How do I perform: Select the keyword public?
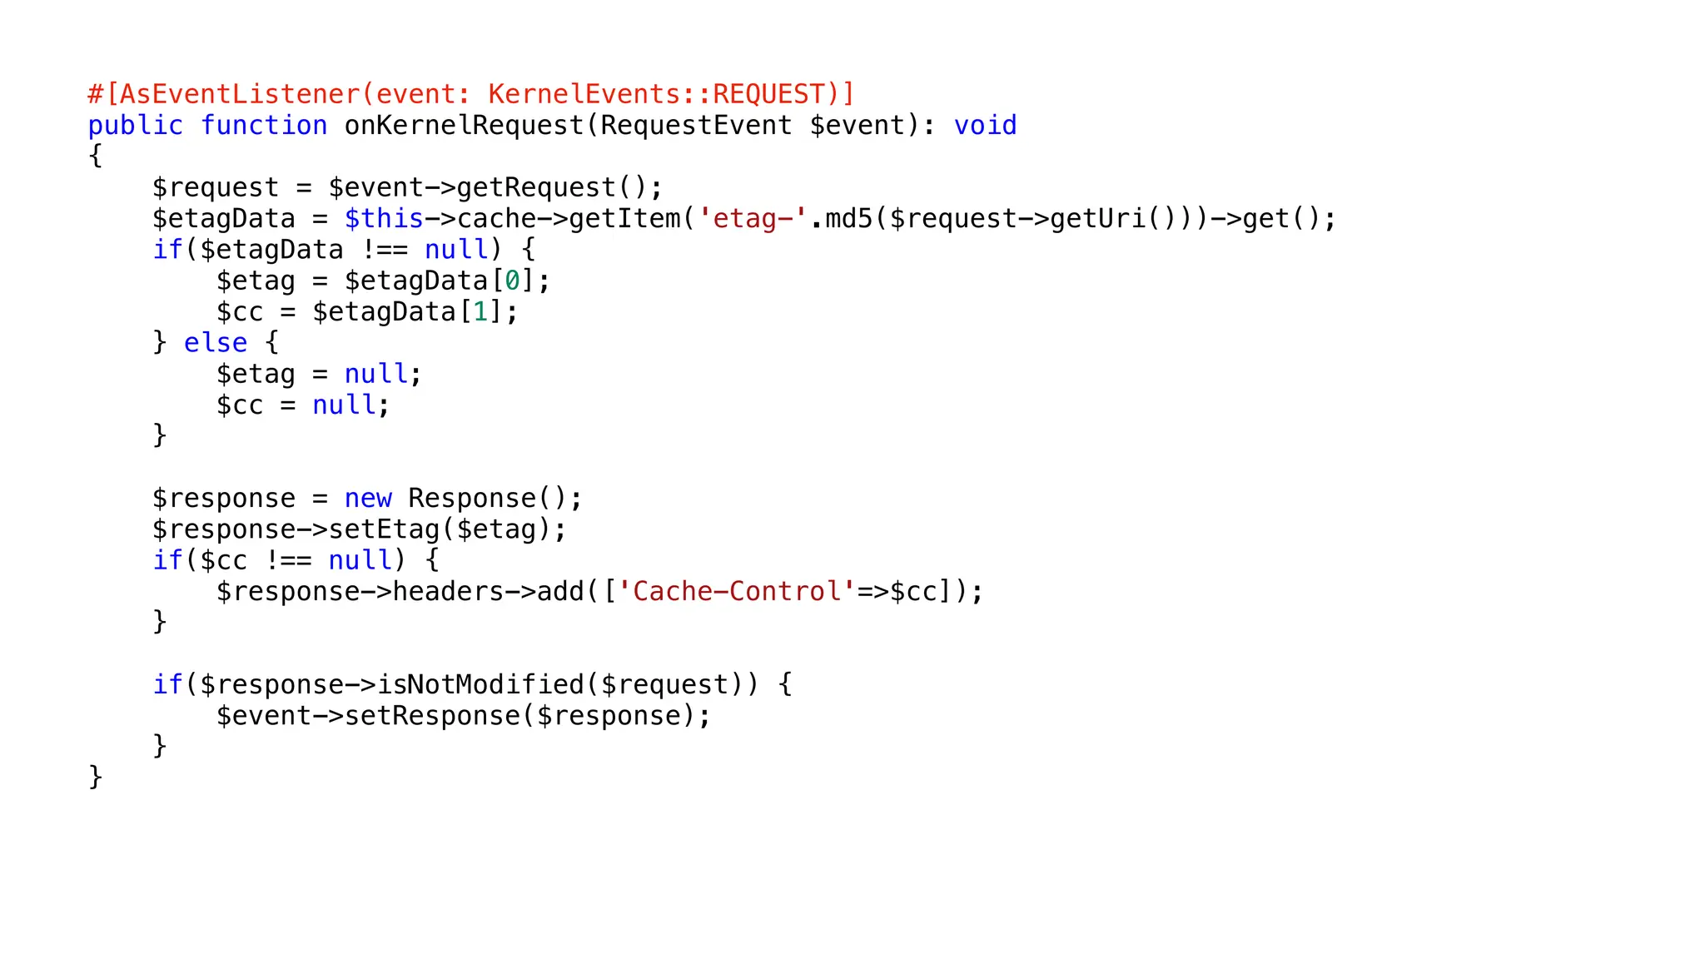(x=135, y=126)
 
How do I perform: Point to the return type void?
(x=985, y=126)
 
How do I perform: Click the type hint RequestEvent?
(x=696, y=126)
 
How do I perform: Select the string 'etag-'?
(x=753, y=219)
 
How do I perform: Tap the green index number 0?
(x=512, y=281)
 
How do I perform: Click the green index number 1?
(x=480, y=312)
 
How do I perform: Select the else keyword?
(x=216, y=343)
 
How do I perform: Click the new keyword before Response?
(x=368, y=499)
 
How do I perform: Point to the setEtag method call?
(x=384, y=529)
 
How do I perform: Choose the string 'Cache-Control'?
(x=737, y=592)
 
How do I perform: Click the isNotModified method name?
(x=480, y=685)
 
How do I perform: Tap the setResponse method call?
(x=432, y=716)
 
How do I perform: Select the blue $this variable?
(x=384, y=219)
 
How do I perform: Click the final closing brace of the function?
(x=95, y=777)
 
